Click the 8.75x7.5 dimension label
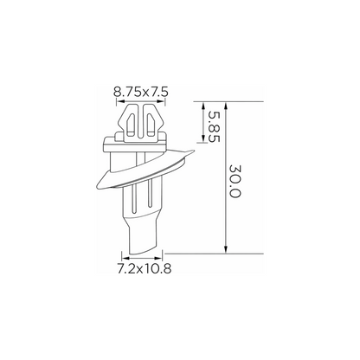[x=141, y=93]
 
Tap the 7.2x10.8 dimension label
[x=145, y=269]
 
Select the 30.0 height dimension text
[x=235, y=181]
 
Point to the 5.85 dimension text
[x=214, y=127]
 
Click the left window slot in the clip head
[x=131, y=125]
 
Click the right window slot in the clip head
[x=151, y=125]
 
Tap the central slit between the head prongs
[x=140, y=122]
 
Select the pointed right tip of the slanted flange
[x=193, y=151]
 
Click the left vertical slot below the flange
[x=133, y=200]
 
